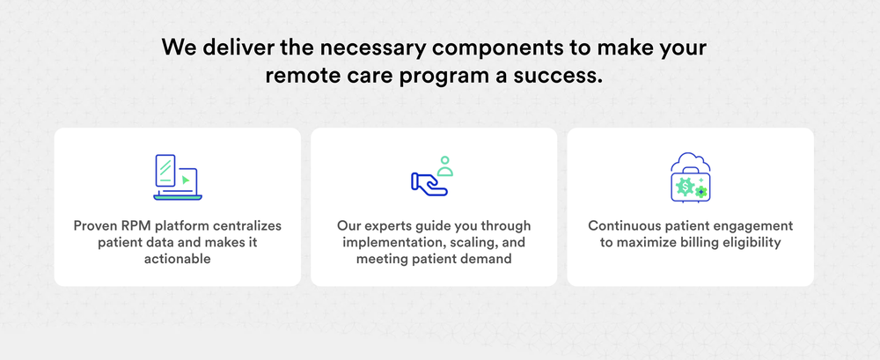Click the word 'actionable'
(178, 259)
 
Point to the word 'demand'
(488, 259)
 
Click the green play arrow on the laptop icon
(186, 180)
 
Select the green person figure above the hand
(445, 166)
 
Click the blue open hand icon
(429, 184)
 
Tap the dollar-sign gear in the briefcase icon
(686, 185)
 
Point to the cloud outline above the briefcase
(690, 160)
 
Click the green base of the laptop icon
(178, 197)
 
